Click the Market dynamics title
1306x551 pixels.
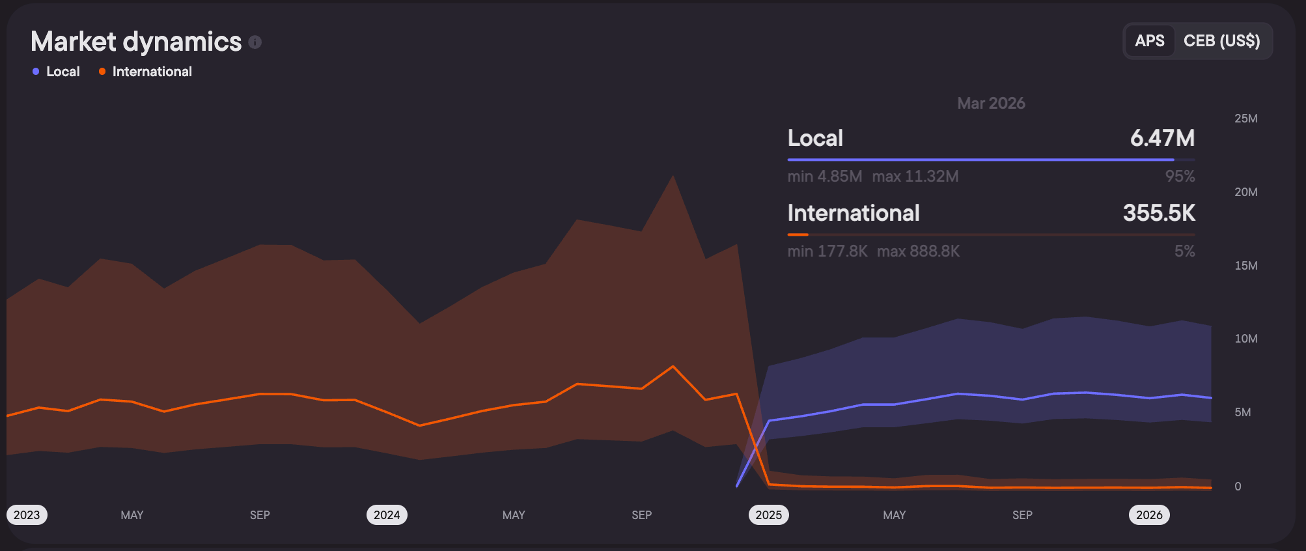pyautogui.click(x=136, y=42)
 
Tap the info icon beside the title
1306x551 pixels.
pyautogui.click(x=255, y=42)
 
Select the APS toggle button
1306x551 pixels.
pyautogui.click(x=1150, y=41)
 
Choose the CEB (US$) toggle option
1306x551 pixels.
pyautogui.click(x=1221, y=41)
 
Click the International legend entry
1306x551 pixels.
pyautogui.click(x=145, y=72)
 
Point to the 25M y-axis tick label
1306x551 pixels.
pyautogui.click(x=1245, y=119)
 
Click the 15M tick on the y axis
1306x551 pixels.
pyautogui.click(x=1245, y=266)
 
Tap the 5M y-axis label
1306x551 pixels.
pyautogui.click(x=1242, y=412)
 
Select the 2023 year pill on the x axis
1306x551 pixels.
pyautogui.click(x=27, y=515)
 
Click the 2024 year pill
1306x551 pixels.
pyautogui.click(x=387, y=515)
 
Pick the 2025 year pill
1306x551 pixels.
pyautogui.click(x=768, y=515)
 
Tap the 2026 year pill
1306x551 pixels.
pyautogui.click(x=1149, y=515)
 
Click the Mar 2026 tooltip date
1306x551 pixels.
pyautogui.click(x=991, y=104)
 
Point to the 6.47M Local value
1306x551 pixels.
pyautogui.click(x=1162, y=138)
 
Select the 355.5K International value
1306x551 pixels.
pyautogui.click(x=1159, y=213)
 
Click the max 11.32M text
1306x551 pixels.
pyautogui.click(x=915, y=177)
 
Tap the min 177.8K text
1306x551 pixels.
pyautogui.click(x=827, y=251)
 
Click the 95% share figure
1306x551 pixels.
pyautogui.click(x=1180, y=177)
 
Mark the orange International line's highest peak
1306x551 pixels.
pyautogui.click(x=673, y=367)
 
